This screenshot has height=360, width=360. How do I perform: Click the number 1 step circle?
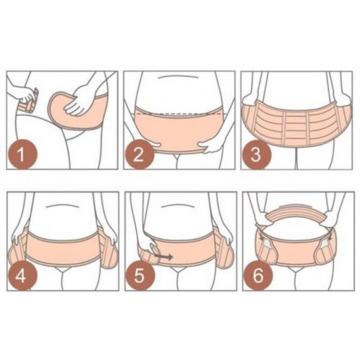pyautogui.click(x=22, y=155)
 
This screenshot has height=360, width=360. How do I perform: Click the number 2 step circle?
pyautogui.click(x=139, y=155)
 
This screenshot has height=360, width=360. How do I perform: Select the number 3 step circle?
pyautogui.click(x=256, y=155)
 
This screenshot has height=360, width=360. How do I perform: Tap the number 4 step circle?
pyautogui.click(x=22, y=276)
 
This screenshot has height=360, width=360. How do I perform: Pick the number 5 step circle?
pyautogui.click(x=140, y=276)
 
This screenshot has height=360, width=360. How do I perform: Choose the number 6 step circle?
pyautogui.click(x=258, y=276)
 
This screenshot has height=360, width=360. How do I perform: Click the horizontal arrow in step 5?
pyautogui.click(x=163, y=257)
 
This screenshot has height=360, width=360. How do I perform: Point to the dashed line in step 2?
pyautogui.click(x=178, y=112)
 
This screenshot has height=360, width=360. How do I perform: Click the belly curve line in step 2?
pyautogui.click(x=179, y=77)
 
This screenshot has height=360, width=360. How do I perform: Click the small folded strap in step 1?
pyautogui.click(x=28, y=102)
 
